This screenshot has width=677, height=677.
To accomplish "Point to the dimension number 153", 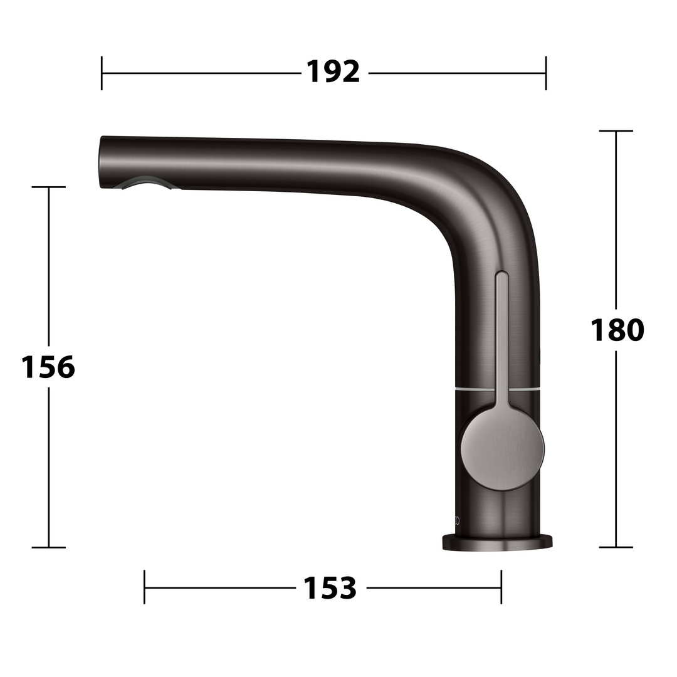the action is tap(330, 587).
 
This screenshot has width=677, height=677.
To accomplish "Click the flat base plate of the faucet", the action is tap(497, 543).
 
